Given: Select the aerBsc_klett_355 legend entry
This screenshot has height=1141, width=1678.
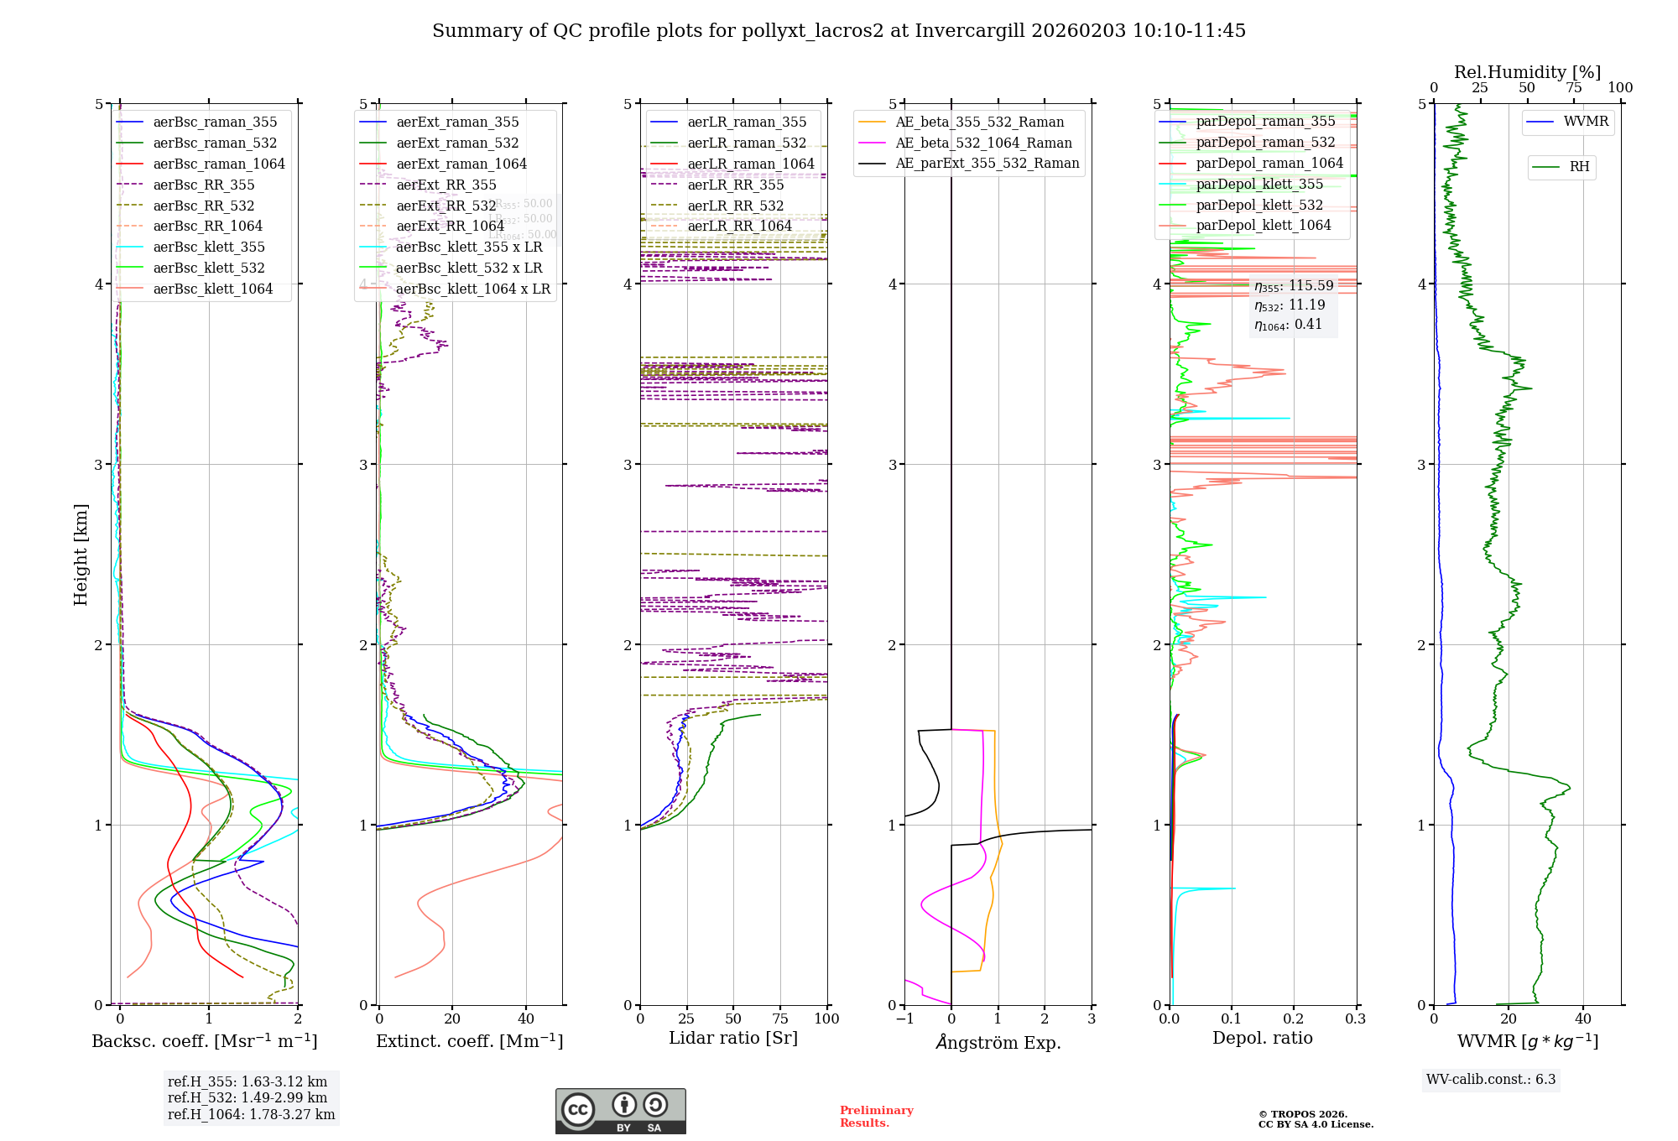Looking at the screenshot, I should [x=208, y=247].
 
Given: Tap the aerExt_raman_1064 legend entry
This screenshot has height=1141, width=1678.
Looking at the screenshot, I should [x=461, y=164].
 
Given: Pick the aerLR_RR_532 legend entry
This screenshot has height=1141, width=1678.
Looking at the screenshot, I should [x=735, y=206].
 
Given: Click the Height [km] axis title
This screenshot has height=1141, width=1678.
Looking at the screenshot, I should [x=81, y=555].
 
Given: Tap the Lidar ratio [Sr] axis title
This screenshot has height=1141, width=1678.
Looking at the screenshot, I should [x=733, y=1038].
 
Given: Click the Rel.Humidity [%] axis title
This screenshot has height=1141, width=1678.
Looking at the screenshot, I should [x=1527, y=72].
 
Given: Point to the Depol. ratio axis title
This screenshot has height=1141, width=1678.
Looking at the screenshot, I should [x=1262, y=1038].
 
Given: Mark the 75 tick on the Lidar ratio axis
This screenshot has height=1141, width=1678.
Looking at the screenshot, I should [x=781, y=1019].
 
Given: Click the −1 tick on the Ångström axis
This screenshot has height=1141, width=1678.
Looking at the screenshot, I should [x=904, y=1019].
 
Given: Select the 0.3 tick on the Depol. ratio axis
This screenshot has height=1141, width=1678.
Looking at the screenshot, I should [x=1355, y=1019].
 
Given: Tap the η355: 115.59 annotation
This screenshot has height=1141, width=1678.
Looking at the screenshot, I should [x=1293, y=286].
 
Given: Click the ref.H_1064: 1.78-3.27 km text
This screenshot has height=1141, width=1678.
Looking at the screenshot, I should [x=251, y=1114].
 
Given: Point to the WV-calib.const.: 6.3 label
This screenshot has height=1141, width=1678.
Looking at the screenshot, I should [x=1491, y=1079].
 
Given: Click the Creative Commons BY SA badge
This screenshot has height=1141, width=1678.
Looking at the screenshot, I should [x=620, y=1111].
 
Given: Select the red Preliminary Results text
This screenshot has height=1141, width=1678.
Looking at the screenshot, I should [x=876, y=1116].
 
